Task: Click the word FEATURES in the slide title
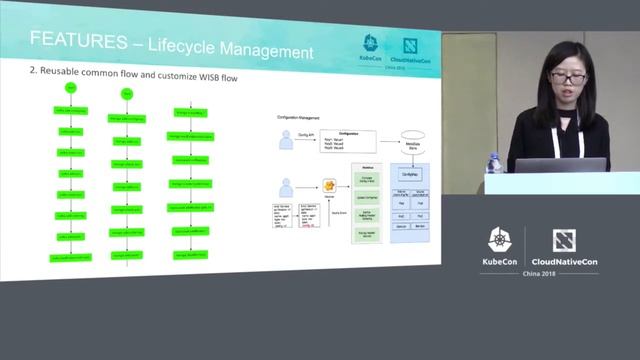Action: pos(75,43)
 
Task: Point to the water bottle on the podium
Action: pos(493,163)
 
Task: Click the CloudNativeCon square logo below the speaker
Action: pos(563,240)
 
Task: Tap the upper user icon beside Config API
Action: pos(287,141)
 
